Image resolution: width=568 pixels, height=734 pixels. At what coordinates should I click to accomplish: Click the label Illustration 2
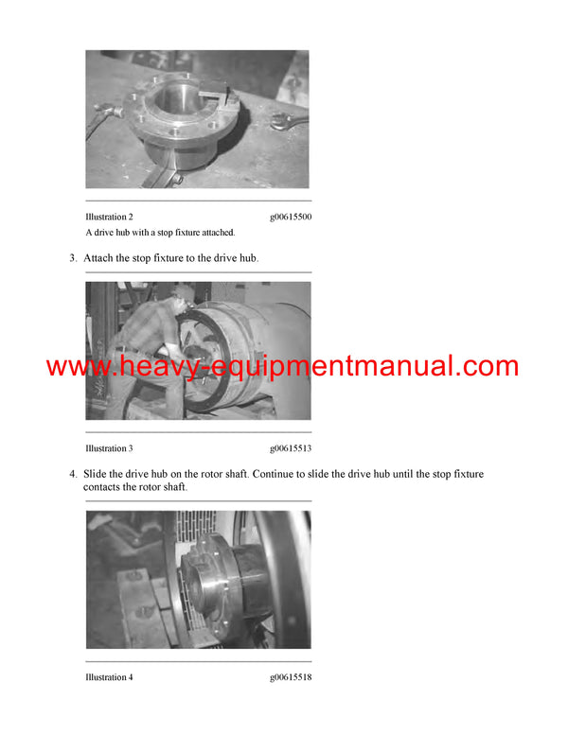click(109, 217)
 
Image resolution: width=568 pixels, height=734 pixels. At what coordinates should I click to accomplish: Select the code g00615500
click(291, 217)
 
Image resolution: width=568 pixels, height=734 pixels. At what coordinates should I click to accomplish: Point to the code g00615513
click(291, 448)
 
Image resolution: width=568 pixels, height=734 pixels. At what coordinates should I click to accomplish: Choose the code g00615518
click(291, 677)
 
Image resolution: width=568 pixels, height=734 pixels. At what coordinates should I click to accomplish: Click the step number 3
click(72, 258)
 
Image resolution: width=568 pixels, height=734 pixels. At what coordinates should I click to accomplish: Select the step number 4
click(72, 474)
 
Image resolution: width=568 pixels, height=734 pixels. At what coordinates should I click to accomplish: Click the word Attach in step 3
click(98, 258)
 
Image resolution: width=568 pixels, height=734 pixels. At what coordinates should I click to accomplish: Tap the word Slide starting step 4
click(97, 474)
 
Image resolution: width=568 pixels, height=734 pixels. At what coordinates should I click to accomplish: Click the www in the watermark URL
click(71, 367)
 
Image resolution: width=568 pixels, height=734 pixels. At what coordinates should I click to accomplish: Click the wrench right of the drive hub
click(285, 120)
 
